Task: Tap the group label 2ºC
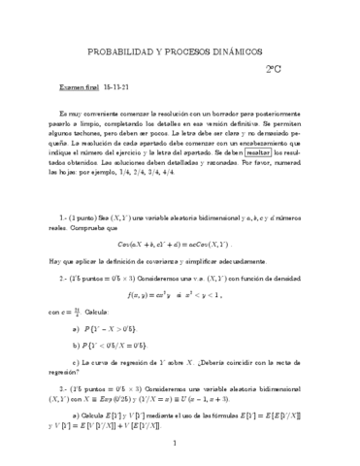274,70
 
